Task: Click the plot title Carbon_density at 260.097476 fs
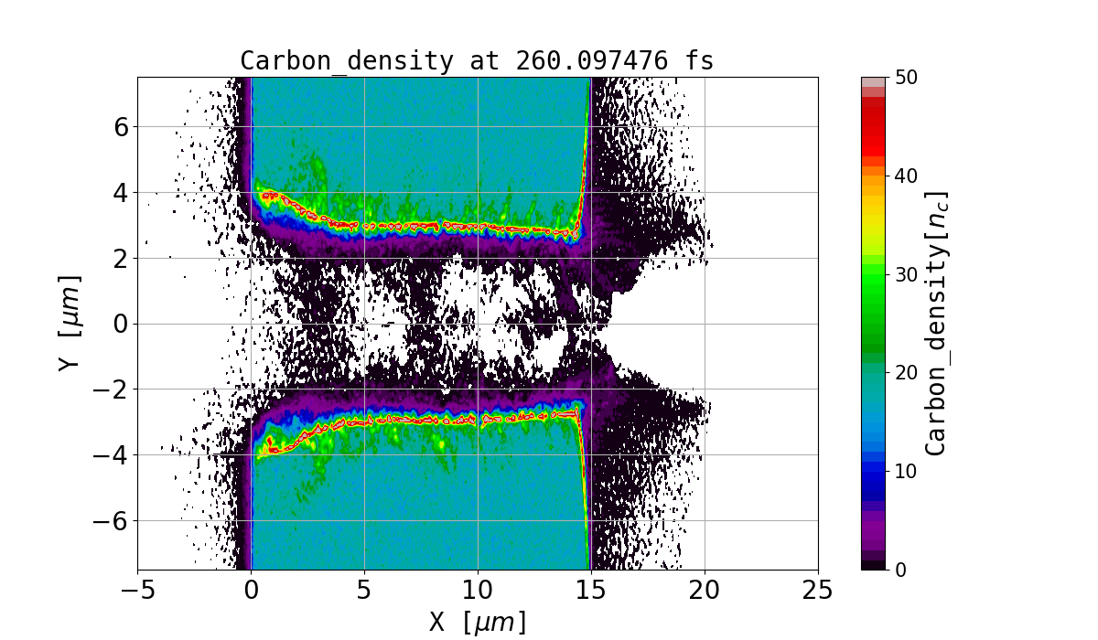point(477,61)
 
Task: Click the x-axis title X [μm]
point(478,623)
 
